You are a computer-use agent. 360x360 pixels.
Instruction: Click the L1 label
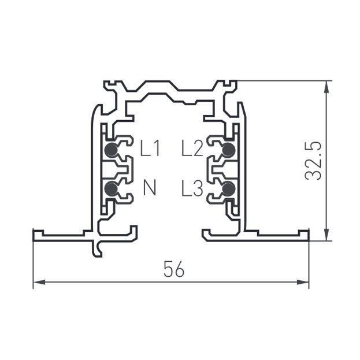150,148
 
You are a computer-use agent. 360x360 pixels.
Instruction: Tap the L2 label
192,148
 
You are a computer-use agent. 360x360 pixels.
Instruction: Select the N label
150,188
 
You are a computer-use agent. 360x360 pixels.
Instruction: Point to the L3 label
192,188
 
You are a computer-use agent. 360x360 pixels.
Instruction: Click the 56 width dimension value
174,269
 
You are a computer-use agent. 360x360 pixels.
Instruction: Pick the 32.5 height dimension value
313,161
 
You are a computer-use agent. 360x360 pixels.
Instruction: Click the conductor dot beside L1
111,150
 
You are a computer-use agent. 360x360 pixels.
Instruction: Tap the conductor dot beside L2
229,150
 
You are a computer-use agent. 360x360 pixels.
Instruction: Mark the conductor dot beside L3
229,188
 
